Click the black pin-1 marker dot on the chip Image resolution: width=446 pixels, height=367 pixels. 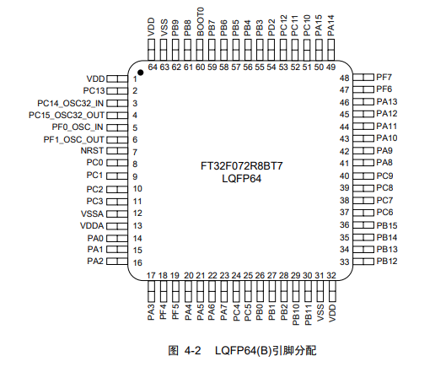pos(141,73)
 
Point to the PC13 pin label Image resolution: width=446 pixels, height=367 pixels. pos(93,89)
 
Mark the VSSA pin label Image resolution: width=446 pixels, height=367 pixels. pos(92,213)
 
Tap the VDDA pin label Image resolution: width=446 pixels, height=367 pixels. pos(92,226)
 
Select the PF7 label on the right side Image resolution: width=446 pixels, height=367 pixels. pos(384,77)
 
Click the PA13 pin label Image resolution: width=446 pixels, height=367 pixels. pos(386,101)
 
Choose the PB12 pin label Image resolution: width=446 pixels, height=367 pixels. pos(386,262)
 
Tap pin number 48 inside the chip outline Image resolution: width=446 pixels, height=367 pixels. pos(344,78)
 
